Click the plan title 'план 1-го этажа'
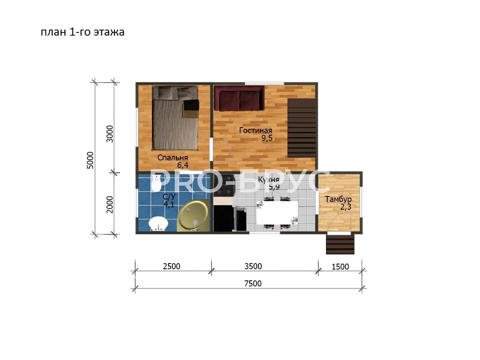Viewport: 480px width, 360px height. tap(82, 32)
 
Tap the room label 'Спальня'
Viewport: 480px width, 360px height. tap(172, 157)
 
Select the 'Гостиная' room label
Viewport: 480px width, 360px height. tap(256, 130)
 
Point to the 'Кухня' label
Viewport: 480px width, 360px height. tap(268, 180)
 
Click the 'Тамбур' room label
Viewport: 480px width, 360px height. tap(338, 199)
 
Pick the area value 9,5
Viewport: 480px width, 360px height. tap(267, 138)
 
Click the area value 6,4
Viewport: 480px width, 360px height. tap(182, 165)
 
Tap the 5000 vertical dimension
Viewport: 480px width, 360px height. tap(90, 160)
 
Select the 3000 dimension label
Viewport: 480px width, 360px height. tap(109, 134)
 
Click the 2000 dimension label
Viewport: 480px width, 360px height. tap(109, 204)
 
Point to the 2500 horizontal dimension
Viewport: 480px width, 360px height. tap(172, 266)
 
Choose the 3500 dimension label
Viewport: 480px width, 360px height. tap(253, 266)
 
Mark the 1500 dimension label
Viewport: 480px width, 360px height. tap(340, 267)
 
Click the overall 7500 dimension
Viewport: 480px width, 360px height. tap(253, 284)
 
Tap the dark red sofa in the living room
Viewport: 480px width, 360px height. tap(239, 98)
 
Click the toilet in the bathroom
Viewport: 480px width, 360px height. tap(156, 183)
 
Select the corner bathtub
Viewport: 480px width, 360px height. tap(193, 215)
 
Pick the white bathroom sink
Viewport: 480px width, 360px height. tap(158, 224)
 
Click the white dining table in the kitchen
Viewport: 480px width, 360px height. tap(277, 213)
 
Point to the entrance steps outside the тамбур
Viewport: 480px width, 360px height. tap(340, 244)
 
